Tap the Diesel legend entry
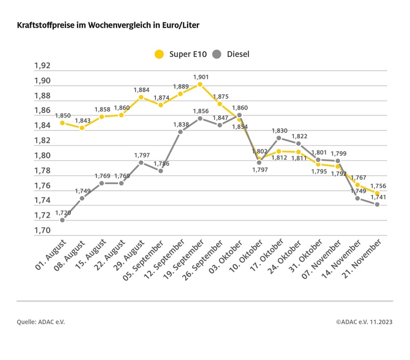point(231,54)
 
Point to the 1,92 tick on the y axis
point(42,66)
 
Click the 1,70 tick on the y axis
point(42,231)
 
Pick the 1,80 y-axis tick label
point(42,156)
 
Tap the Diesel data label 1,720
point(62,212)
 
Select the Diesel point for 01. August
point(62,220)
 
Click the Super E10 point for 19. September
point(200,84)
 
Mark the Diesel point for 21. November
point(377,204)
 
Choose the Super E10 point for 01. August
point(62,122)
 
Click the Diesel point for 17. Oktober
point(278,138)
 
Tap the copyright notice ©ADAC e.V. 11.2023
point(364,322)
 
